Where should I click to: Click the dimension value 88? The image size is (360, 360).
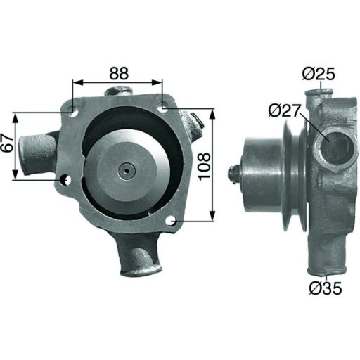point(117,72)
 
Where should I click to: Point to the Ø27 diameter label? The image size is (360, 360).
point(284,110)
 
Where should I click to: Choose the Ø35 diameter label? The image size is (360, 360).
point(323,288)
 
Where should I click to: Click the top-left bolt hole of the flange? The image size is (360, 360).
point(72,110)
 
